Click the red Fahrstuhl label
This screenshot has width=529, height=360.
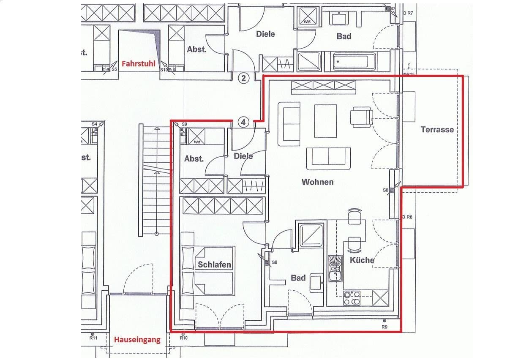(x=138, y=64)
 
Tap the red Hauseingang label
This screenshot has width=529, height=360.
(x=137, y=339)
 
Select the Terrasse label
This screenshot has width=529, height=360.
(x=437, y=130)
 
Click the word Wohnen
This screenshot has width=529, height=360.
(x=317, y=182)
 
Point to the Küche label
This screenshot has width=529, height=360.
(x=362, y=260)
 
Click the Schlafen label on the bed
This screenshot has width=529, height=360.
(x=215, y=265)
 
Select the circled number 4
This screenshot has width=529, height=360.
(x=243, y=122)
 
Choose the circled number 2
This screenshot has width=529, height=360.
(x=243, y=78)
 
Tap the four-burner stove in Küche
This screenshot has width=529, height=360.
(x=352, y=297)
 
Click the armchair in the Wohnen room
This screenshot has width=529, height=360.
(x=361, y=117)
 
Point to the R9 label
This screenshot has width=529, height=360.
(x=384, y=327)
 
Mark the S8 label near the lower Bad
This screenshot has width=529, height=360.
(x=275, y=262)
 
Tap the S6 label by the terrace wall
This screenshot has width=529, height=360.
(x=385, y=190)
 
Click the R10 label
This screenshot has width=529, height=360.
(x=184, y=338)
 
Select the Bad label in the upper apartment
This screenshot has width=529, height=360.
(x=344, y=36)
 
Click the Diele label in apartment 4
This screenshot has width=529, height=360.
(x=243, y=156)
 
